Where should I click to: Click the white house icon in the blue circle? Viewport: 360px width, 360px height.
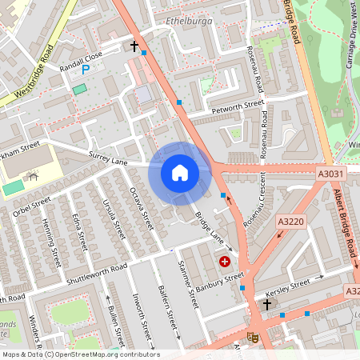pos(180,172)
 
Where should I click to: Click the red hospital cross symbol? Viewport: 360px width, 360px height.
pos(225,261)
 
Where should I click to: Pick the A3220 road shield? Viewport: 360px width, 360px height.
pos(291,221)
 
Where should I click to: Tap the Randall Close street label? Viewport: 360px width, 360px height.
pos(82,58)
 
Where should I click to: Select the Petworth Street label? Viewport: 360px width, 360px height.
pos(237,105)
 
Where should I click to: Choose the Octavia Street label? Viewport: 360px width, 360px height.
pos(141,208)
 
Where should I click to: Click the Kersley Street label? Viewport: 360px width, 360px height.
pos(290,285)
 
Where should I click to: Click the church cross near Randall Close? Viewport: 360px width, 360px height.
pos(134,46)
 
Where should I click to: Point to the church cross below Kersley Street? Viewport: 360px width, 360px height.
pos(267,305)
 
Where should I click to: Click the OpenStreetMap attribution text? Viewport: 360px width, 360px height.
pos(80,354)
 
